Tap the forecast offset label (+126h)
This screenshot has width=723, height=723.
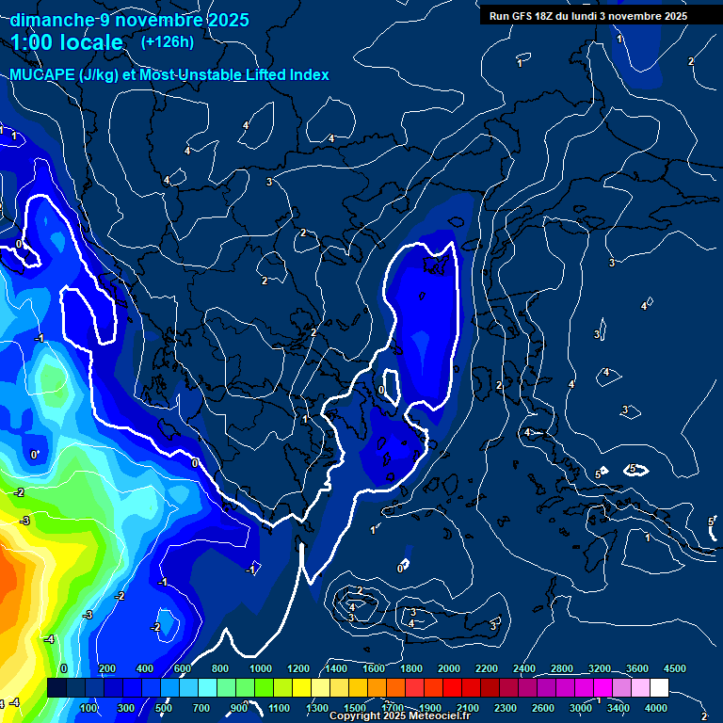point(167,41)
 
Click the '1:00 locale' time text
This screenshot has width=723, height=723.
point(67,42)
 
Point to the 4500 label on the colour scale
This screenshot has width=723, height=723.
point(675,668)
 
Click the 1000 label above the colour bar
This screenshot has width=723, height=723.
point(261,668)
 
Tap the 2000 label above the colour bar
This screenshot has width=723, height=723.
point(449,668)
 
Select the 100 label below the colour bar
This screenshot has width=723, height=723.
point(89,708)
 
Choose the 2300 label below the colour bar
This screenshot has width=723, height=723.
point(504,708)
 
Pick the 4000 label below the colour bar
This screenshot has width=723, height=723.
point(657,708)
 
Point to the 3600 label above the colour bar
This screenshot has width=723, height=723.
point(637,668)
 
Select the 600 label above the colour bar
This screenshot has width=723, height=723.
point(182,668)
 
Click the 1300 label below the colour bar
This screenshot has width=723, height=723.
point(317,708)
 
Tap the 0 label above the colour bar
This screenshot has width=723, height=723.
point(64,668)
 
